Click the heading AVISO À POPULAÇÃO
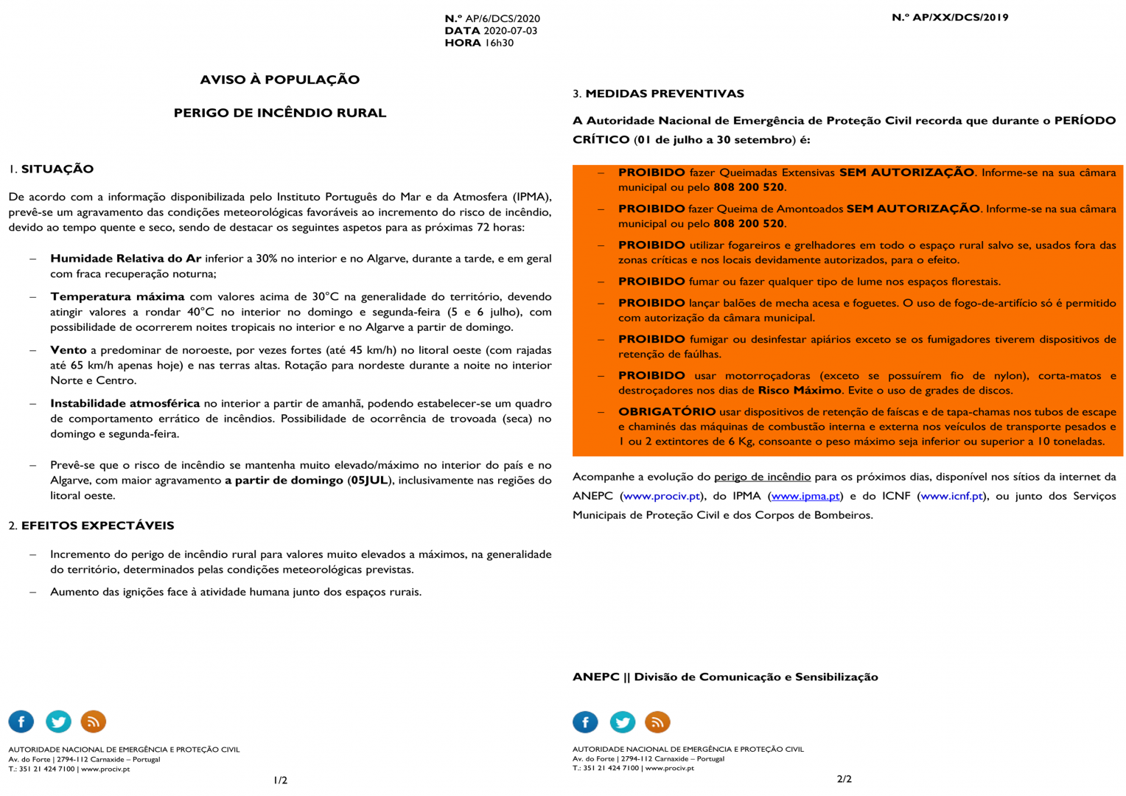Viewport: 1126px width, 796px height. pos(280,80)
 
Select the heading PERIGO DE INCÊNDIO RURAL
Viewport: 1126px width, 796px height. pos(280,113)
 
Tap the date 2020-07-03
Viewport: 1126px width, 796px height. pos(510,31)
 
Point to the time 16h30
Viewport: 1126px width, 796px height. pos(499,43)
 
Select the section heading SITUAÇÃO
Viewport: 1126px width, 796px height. pos(57,169)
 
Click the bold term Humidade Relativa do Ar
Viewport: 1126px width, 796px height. pos(125,259)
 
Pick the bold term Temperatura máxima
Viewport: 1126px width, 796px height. pos(117,296)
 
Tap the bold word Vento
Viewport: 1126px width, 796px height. pos(68,350)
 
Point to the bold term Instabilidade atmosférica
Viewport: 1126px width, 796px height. pos(125,403)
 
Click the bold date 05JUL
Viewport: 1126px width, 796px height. pos(368,481)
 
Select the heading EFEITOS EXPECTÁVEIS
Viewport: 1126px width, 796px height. pos(97,526)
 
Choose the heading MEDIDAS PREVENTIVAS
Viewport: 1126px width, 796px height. pos(665,94)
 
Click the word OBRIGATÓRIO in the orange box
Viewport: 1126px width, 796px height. pos(667,411)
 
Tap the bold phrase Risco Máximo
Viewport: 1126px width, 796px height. pos(800,391)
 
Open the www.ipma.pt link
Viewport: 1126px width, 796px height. pos(805,496)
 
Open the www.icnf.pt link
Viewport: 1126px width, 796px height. pos(951,496)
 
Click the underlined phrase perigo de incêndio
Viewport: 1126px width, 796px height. pos(762,477)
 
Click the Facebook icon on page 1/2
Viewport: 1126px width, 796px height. pos(21,722)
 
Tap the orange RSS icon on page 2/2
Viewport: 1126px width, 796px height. pos(657,722)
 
